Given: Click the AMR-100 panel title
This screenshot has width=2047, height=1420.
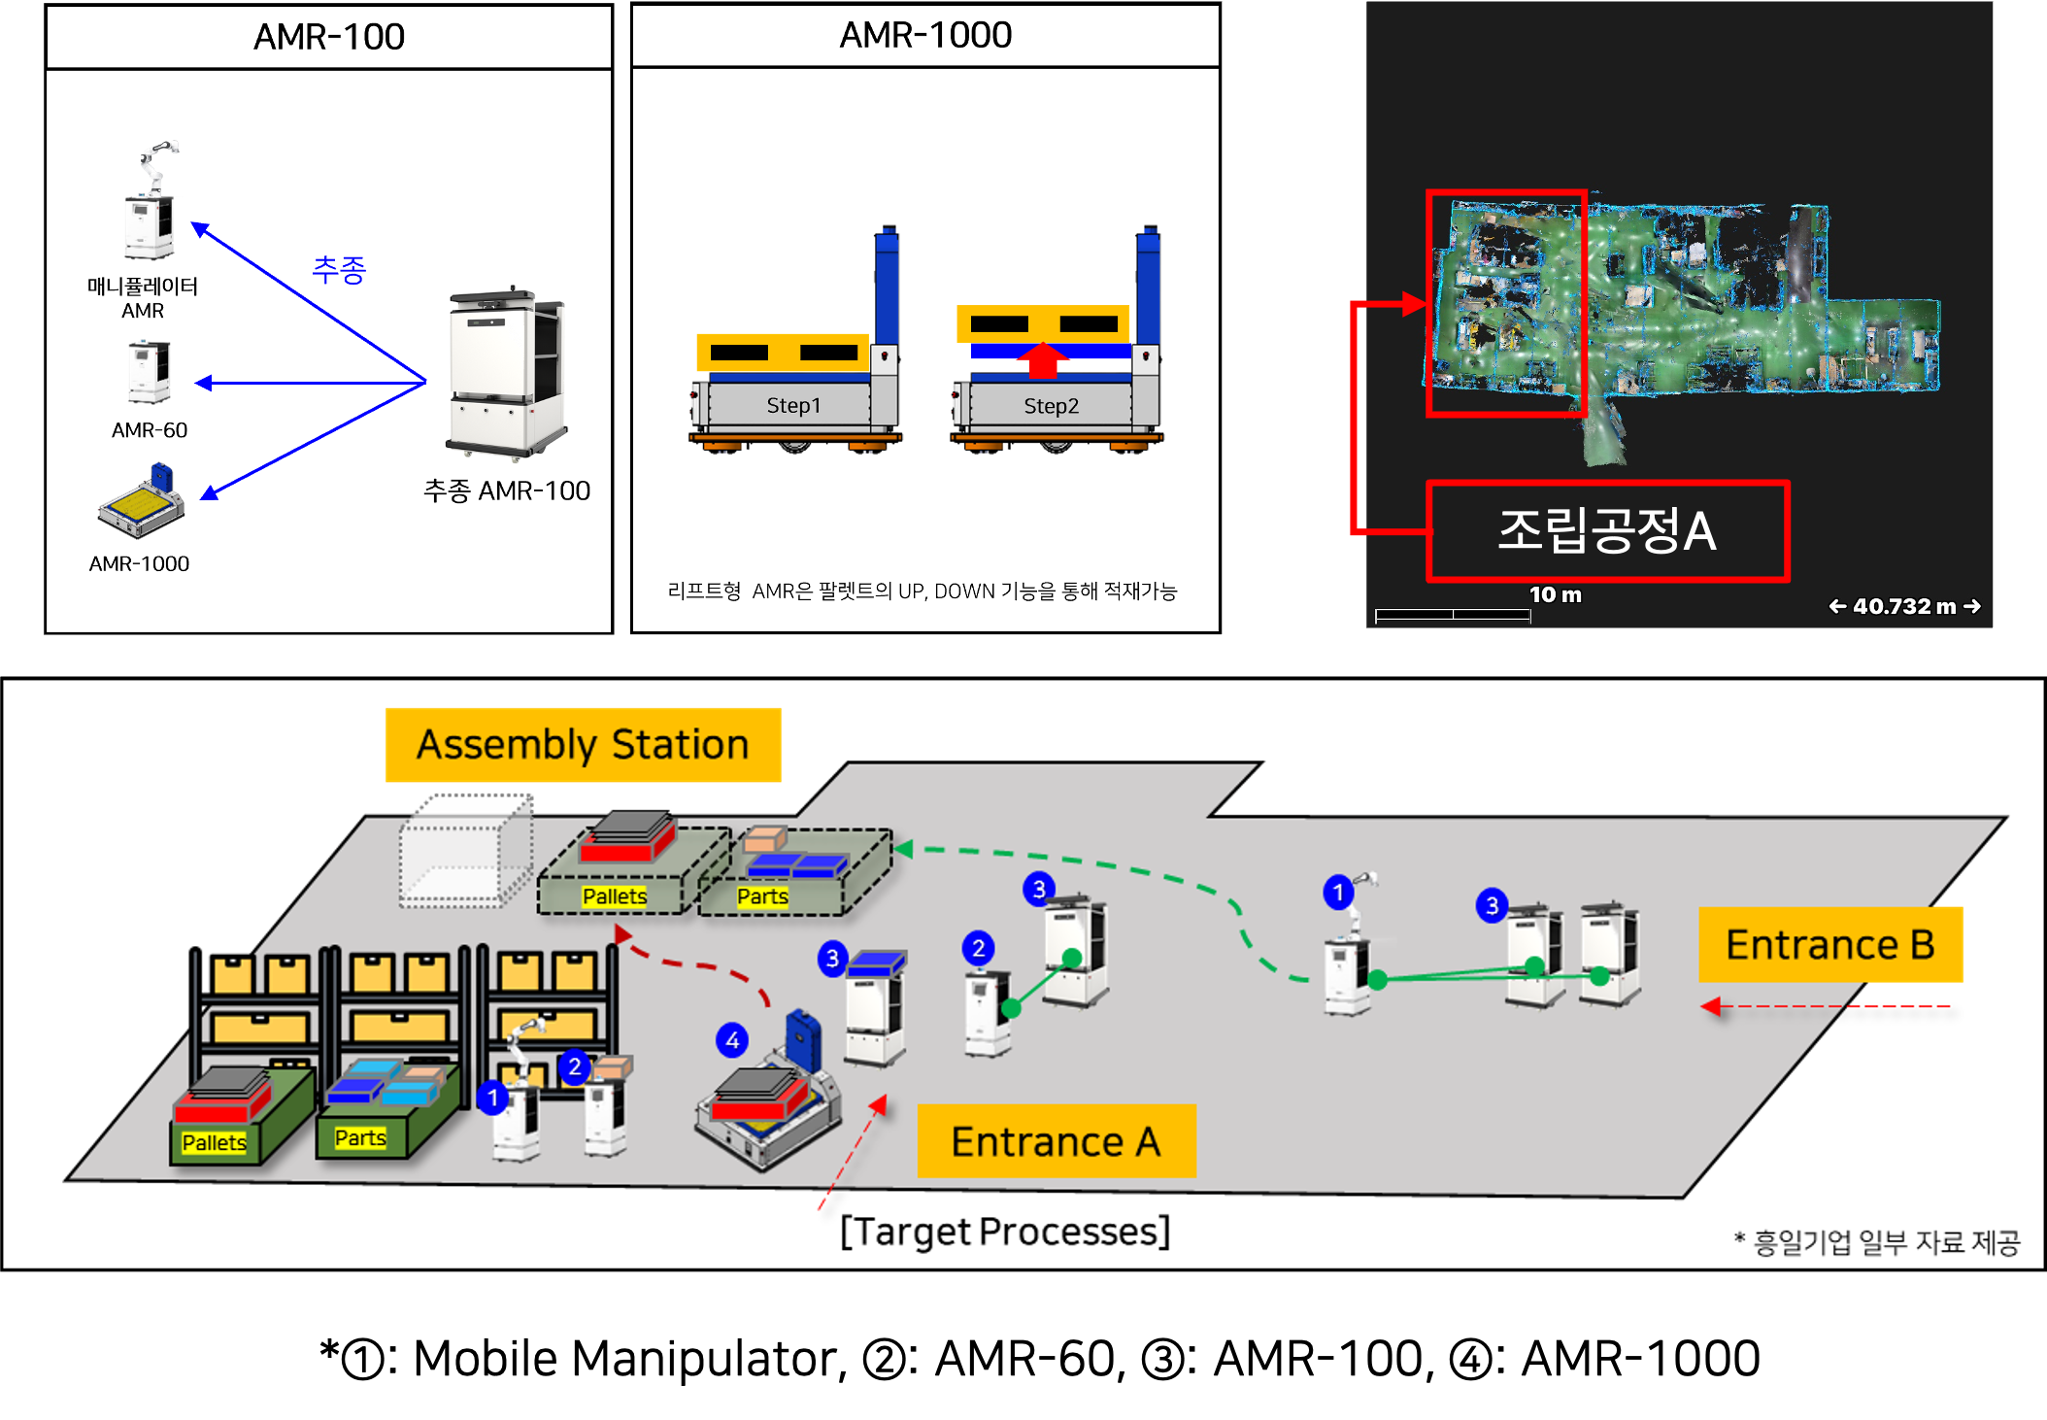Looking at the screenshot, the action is pyautogui.click(x=329, y=37).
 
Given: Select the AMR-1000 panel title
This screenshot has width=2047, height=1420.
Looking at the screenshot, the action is pyautogui.click(x=925, y=35).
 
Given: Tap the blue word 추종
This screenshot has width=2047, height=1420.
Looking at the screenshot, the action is pyautogui.click(x=339, y=269).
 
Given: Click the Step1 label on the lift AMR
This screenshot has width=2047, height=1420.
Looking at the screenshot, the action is pyautogui.click(x=793, y=405).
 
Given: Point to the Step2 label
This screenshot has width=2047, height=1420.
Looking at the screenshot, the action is pyautogui.click(x=1051, y=406).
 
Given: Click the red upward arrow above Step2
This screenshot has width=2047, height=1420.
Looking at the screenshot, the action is pyautogui.click(x=1042, y=359).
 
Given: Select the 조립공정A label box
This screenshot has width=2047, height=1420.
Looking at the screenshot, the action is pyautogui.click(x=1607, y=530).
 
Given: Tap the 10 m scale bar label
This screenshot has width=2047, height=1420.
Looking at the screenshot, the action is pyautogui.click(x=1555, y=594).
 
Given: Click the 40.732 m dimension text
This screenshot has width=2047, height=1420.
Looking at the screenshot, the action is pyautogui.click(x=1904, y=606).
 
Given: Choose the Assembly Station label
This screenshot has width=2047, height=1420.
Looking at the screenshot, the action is pyautogui.click(x=583, y=745).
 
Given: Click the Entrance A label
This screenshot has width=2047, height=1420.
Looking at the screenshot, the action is pyautogui.click(x=1057, y=1141).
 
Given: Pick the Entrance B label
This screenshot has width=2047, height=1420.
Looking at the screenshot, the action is pyautogui.click(x=1830, y=944).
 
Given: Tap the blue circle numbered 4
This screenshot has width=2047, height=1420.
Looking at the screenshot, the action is pyautogui.click(x=732, y=1040).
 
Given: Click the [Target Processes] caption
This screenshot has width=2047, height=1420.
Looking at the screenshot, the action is pyautogui.click(x=1005, y=1232).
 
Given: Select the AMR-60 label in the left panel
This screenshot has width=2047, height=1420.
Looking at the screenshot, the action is pyautogui.click(x=150, y=430).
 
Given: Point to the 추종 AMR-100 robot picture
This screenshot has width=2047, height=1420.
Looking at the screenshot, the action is pyautogui.click(x=506, y=373).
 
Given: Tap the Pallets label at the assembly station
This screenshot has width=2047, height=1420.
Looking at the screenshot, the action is pyautogui.click(x=615, y=896).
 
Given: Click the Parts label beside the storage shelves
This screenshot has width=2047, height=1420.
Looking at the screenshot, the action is pyautogui.click(x=360, y=1137).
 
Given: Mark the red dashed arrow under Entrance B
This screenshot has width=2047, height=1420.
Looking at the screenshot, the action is pyautogui.click(x=1826, y=1006).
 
